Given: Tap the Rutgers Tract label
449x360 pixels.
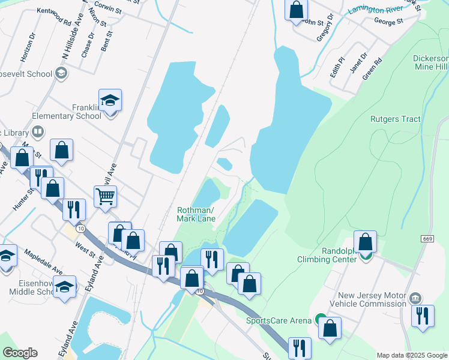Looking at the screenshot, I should tap(396, 119).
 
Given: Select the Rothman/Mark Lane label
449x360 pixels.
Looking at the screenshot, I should tap(196, 214).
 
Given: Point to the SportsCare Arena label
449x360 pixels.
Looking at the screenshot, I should tap(279, 320).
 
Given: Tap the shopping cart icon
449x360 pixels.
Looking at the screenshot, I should tap(105, 195).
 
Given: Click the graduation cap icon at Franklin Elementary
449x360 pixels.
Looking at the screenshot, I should tap(110, 100).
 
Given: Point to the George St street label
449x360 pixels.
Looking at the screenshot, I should tap(388, 22).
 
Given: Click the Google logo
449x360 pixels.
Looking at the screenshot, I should tap(20, 353).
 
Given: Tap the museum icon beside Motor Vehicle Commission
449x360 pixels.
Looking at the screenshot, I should tap(414, 298).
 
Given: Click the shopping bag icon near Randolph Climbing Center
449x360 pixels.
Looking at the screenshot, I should tap(365, 241).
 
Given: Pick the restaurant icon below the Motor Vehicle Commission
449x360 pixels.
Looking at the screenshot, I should tap(423, 315).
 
